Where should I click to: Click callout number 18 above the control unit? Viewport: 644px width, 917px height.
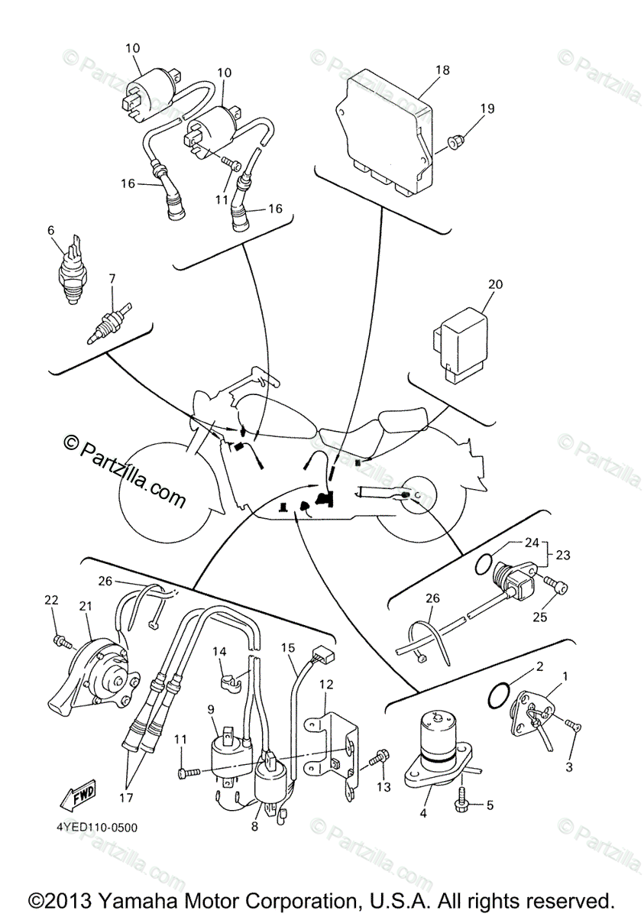[442, 70]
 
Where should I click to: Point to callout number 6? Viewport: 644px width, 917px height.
[51, 229]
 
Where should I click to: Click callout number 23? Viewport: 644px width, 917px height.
[562, 556]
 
